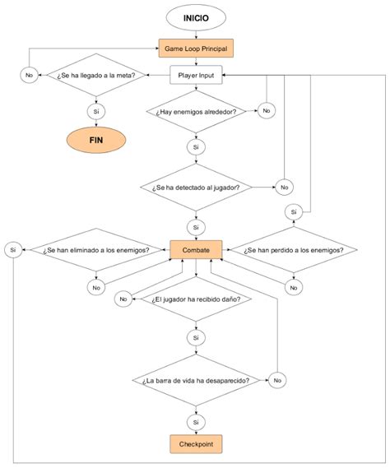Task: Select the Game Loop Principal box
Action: [197, 49]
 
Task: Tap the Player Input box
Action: [197, 75]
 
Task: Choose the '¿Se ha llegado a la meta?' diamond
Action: [96, 75]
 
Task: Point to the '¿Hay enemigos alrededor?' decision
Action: [197, 109]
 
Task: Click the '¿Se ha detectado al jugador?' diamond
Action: [197, 187]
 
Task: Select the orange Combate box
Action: [197, 249]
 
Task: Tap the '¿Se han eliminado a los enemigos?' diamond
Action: [96, 249]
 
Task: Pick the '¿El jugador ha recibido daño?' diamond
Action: [197, 300]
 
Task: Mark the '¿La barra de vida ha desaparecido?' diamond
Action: [197, 380]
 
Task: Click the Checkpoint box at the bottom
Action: [197, 444]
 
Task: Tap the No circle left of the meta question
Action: [29, 75]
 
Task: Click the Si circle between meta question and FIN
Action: [96, 109]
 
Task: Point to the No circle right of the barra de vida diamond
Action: [278, 380]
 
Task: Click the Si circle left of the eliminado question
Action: [13, 249]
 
